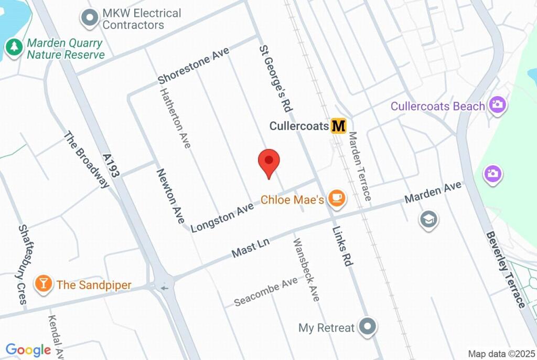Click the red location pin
(x=269, y=162)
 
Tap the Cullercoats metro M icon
(x=339, y=126)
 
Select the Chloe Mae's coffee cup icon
(x=336, y=198)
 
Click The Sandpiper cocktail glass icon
(x=43, y=284)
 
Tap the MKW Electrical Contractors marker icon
(x=90, y=18)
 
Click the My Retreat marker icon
(x=368, y=327)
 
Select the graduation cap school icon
(x=428, y=220)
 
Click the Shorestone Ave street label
(x=194, y=67)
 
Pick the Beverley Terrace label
(x=504, y=270)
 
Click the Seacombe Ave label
(x=266, y=292)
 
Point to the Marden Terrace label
(x=360, y=166)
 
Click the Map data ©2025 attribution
(x=500, y=354)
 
